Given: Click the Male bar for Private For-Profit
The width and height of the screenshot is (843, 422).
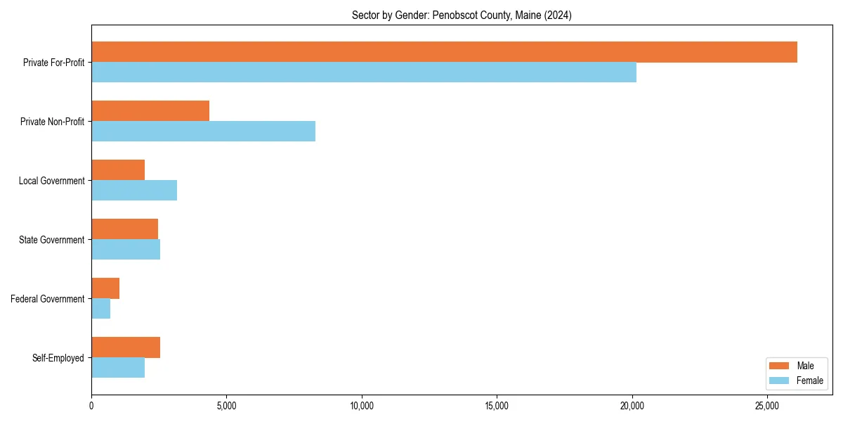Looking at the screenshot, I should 444,52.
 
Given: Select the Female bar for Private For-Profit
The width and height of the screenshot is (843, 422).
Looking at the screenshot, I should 364,72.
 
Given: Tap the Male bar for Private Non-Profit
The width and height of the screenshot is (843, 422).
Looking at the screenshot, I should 150,111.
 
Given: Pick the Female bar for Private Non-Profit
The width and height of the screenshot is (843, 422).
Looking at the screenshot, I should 203,132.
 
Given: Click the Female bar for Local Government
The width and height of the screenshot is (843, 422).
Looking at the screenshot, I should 134,191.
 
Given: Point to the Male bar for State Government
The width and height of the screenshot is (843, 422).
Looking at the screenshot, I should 124,229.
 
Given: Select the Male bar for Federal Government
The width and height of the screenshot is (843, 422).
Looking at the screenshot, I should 105,288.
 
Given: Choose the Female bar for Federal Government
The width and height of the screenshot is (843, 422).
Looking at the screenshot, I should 100,309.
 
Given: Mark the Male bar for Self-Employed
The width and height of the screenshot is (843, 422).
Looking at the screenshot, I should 126,347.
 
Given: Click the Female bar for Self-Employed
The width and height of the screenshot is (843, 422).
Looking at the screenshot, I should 118,368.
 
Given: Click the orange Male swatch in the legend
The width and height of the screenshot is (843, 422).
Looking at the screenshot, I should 779,366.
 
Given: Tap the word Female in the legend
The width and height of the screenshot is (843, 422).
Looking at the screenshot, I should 809,381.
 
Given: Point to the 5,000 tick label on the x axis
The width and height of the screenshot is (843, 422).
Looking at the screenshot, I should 226,406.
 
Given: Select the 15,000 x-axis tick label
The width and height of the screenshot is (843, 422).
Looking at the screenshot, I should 497,406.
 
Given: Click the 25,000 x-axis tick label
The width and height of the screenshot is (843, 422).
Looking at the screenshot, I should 767,406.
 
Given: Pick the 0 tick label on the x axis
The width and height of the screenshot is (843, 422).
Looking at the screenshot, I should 91,406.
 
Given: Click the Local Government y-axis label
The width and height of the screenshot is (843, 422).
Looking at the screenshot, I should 51,181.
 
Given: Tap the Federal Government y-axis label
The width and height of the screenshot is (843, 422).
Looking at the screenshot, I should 47,299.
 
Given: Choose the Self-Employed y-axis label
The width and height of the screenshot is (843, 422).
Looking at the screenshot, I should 58,358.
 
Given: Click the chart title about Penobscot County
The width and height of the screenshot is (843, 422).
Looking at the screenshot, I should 462,15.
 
